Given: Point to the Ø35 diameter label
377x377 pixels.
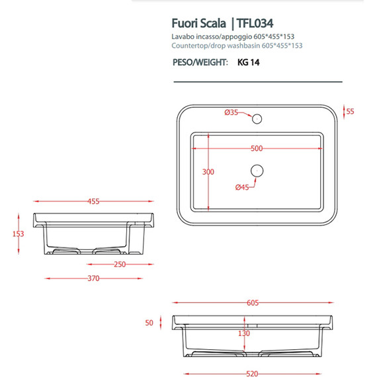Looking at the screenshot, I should (x=231, y=112).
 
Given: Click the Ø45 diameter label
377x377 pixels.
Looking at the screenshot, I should (x=242, y=187).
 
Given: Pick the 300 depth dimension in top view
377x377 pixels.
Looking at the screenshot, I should (x=208, y=172).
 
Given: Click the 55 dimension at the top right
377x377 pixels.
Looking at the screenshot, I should (x=351, y=112).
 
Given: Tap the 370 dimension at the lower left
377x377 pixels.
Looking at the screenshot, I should (x=93, y=278).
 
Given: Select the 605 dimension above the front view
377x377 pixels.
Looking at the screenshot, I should (x=252, y=304).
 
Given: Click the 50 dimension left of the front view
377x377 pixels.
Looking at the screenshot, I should (x=149, y=323).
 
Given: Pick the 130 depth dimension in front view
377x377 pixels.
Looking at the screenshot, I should (x=245, y=333).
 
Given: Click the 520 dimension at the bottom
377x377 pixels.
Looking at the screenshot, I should (x=252, y=374).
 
